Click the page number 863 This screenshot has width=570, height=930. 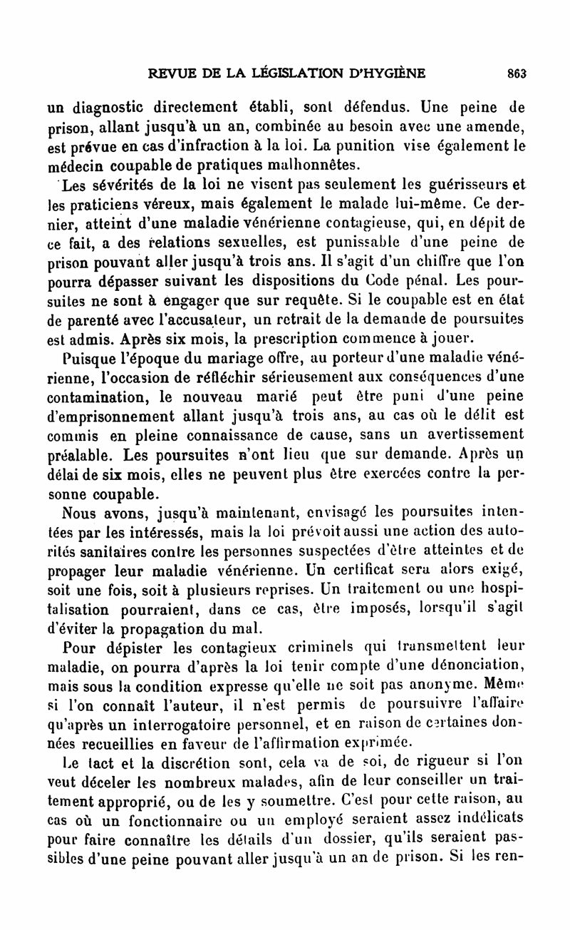coord(516,71)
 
